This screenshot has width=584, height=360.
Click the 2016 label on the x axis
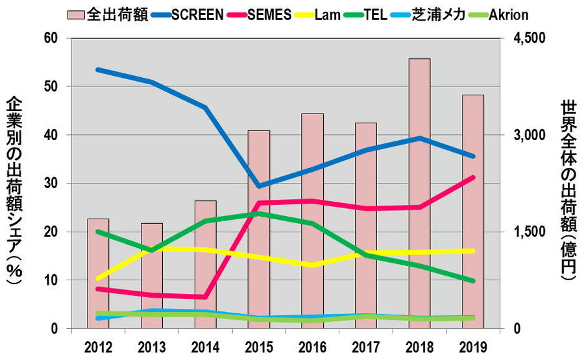click(x=312, y=345)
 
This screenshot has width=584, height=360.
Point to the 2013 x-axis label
click(x=151, y=345)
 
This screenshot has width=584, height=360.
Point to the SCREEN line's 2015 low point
click(x=259, y=187)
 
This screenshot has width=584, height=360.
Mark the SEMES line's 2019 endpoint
click(x=473, y=177)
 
